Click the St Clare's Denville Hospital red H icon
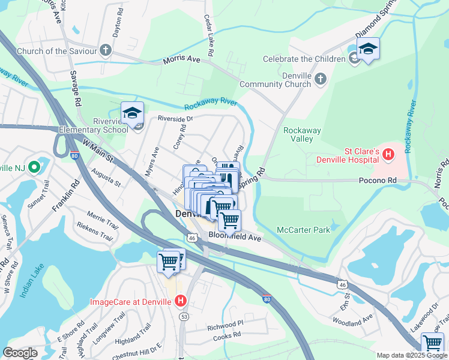[x=388, y=155]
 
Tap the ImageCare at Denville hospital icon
[x=181, y=301]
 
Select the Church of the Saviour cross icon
[x=106, y=50]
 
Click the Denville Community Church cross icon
[x=321, y=79]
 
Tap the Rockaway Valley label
[x=302, y=134]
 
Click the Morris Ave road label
[x=182, y=61]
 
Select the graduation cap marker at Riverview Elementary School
[x=132, y=113]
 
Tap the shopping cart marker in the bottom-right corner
[x=432, y=343]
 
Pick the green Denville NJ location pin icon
[x=34, y=166]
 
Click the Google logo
[x=20, y=353]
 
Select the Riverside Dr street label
[x=175, y=119]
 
